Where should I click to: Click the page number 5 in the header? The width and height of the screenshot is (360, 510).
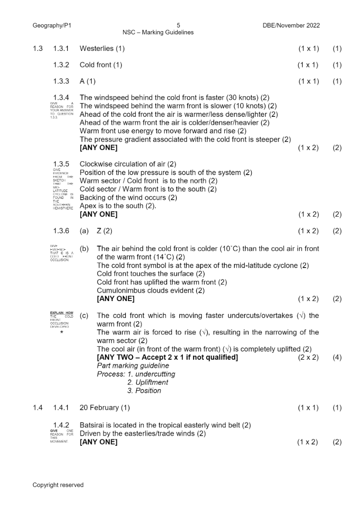[178, 25]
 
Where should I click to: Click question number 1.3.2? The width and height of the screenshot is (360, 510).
[61, 65]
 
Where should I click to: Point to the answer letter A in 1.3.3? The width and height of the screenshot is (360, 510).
[82, 82]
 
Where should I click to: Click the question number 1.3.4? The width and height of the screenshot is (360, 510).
[61, 98]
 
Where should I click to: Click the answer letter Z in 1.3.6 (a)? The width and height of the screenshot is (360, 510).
[99, 231]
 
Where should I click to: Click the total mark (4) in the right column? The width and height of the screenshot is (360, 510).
[337, 357]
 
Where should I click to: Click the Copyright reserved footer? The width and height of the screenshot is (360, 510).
[58, 485]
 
